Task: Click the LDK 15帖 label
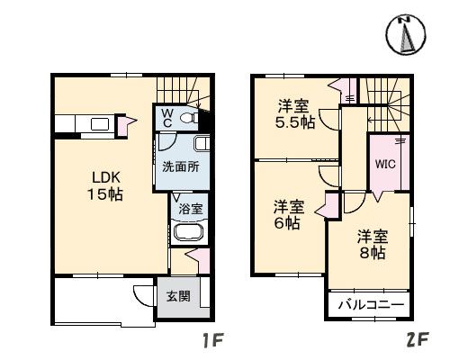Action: (104, 185)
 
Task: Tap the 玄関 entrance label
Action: (178, 296)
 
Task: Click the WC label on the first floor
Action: (167, 117)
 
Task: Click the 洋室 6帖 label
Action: (289, 214)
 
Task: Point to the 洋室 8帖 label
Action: (372, 245)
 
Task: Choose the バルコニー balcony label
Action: (371, 306)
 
